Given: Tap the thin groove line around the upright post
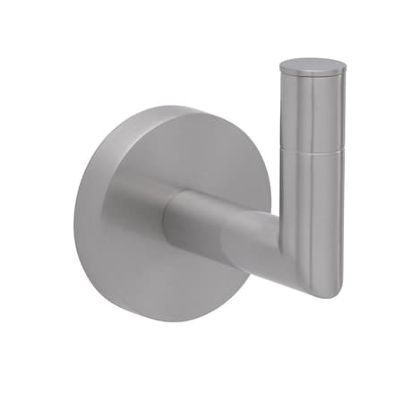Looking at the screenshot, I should (x=312, y=150).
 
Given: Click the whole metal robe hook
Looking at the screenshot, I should (x=215, y=206).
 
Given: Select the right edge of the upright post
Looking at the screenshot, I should (x=342, y=179).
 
